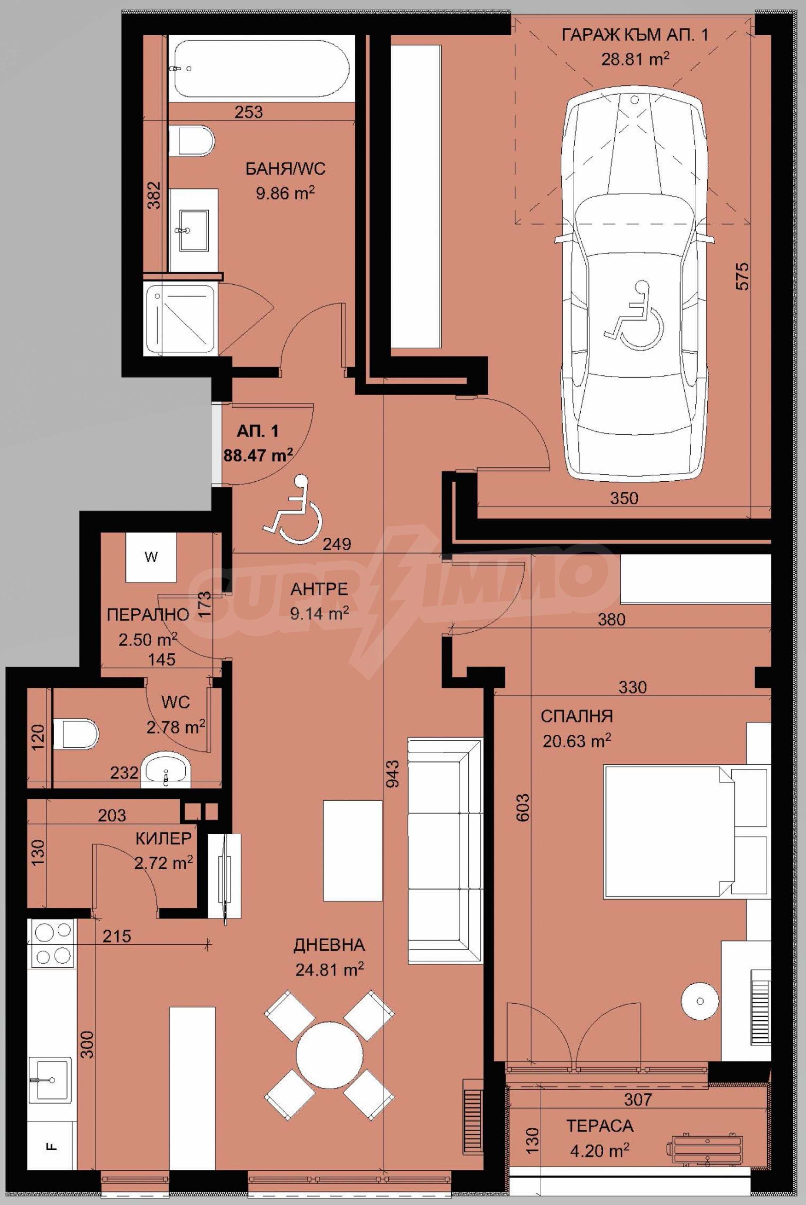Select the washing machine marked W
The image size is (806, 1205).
click(x=151, y=558)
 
